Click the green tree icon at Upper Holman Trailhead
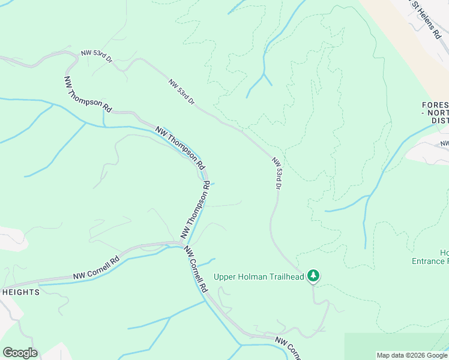coord(313,276)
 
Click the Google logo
coord(20,352)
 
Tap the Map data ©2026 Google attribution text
coord(412,355)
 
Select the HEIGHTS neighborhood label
coord(20,292)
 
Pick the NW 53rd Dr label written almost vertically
coord(276,174)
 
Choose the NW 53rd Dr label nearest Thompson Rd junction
coord(96,55)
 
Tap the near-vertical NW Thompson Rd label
coord(196,210)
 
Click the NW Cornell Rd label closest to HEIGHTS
coord(97,268)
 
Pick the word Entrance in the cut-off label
coord(429,261)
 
